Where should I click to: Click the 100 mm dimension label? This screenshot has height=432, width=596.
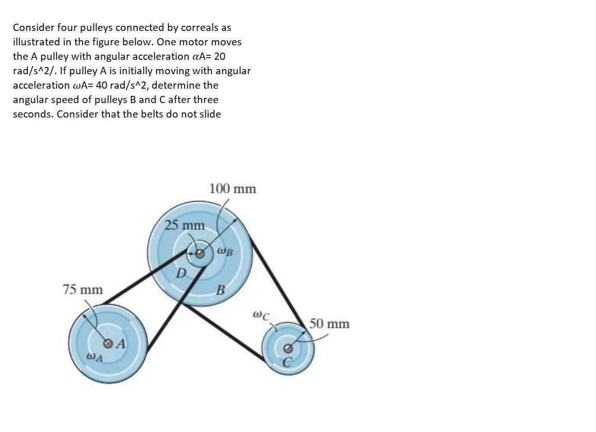[x=233, y=189]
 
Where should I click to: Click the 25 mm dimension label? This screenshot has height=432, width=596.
[x=184, y=225]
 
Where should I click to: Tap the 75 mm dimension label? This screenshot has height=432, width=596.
[x=82, y=290]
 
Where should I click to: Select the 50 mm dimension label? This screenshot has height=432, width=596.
[x=329, y=324]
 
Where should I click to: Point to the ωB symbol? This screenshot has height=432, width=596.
[x=225, y=252]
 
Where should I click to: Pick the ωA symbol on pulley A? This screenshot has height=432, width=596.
[x=94, y=356]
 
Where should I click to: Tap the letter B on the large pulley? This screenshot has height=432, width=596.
[x=220, y=290]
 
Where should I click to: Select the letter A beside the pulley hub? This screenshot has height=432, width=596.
[x=120, y=344]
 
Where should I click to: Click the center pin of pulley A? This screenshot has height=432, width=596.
[x=108, y=343]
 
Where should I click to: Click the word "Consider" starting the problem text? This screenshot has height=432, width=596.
[x=32, y=27]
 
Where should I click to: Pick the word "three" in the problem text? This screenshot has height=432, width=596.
[x=205, y=99]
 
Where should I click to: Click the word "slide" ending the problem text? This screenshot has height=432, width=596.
[x=209, y=114]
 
